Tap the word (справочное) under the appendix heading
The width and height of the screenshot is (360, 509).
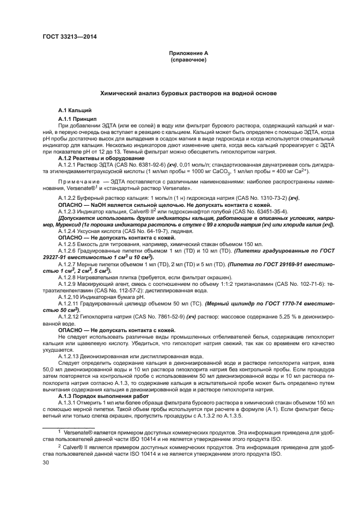click(x=188, y=59)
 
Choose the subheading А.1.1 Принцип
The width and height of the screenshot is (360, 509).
click(x=77, y=119)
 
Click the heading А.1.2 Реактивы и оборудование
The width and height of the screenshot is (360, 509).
click(x=97, y=157)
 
